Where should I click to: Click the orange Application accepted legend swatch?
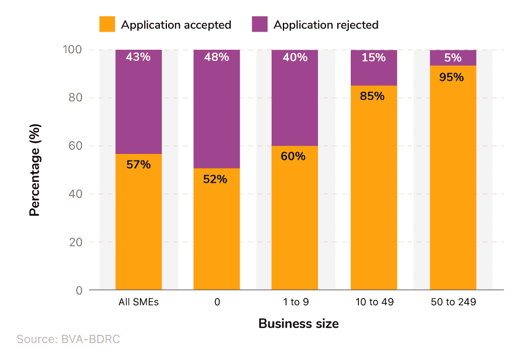coord(107,25)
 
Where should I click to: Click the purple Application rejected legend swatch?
coord(259,25)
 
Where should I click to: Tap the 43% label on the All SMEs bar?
coord(138,57)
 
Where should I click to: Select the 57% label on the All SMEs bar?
coord(138,164)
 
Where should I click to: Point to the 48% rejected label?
coord(217,57)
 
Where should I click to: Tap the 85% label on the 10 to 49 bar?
coord(373,96)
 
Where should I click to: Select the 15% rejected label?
coord(373,57)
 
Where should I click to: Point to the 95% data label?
coord(451,77)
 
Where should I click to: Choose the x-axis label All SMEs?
coord(138,303)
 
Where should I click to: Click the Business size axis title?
coord(298,324)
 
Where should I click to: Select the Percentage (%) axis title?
coord(36,170)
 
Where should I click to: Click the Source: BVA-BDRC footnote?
coord(69,340)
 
